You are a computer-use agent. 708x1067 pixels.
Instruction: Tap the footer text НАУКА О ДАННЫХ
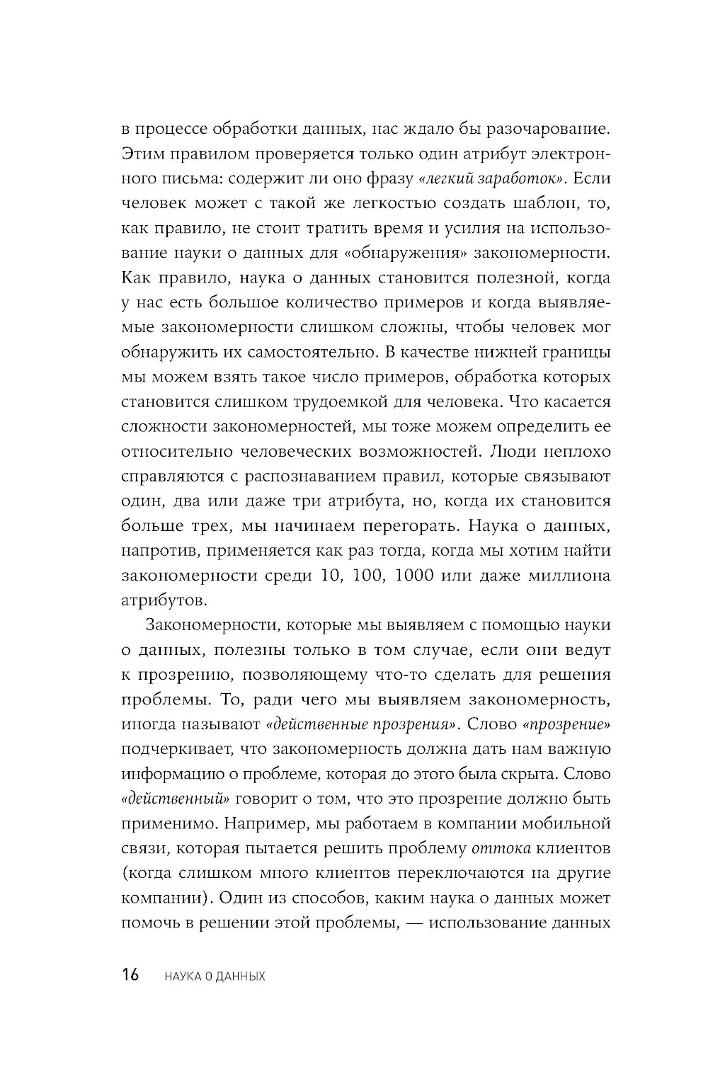pos(214,976)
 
